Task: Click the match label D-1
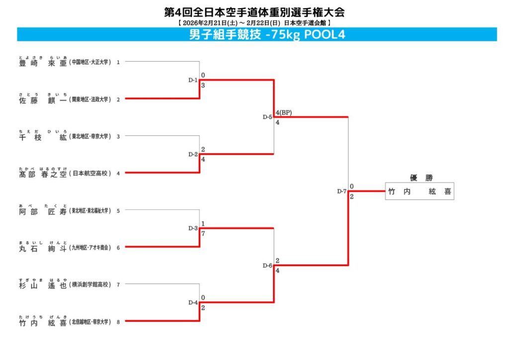[x=193, y=80]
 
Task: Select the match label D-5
[x=267, y=117]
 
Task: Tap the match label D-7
[x=341, y=191]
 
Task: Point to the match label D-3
[x=193, y=228]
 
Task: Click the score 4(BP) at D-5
[x=283, y=112]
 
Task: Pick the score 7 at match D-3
[x=203, y=233]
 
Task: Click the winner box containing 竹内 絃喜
[x=420, y=191]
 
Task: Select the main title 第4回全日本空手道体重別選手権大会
[x=254, y=12]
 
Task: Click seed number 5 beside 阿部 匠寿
[x=118, y=210]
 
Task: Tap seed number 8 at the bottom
[x=118, y=322]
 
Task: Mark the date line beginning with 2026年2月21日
[x=254, y=23]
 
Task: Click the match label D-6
[x=267, y=266]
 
